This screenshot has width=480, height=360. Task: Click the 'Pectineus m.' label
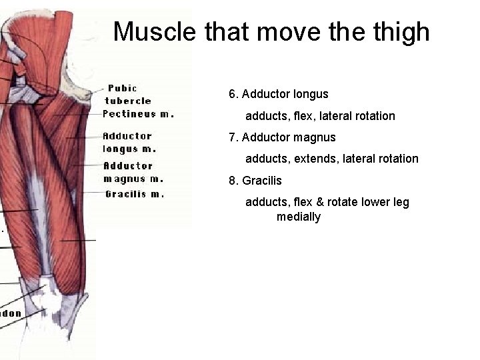click(x=139, y=113)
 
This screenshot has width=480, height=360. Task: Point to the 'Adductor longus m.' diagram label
click(x=129, y=142)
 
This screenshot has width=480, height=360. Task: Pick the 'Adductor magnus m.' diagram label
click(x=133, y=172)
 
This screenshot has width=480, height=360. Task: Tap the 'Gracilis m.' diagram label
click(x=135, y=194)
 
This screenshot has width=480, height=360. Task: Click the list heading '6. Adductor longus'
click(x=279, y=95)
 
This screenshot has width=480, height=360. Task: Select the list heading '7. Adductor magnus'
click(x=282, y=137)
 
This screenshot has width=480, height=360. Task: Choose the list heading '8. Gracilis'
click(x=255, y=181)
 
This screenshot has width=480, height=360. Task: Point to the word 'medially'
click(x=299, y=217)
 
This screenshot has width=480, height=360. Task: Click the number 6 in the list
click(x=232, y=95)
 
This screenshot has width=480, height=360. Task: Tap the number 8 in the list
click(x=232, y=181)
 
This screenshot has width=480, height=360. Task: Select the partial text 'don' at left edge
click(x=11, y=313)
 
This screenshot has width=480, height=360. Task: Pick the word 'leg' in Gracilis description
click(x=400, y=202)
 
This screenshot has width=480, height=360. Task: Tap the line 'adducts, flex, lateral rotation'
click(x=320, y=116)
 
